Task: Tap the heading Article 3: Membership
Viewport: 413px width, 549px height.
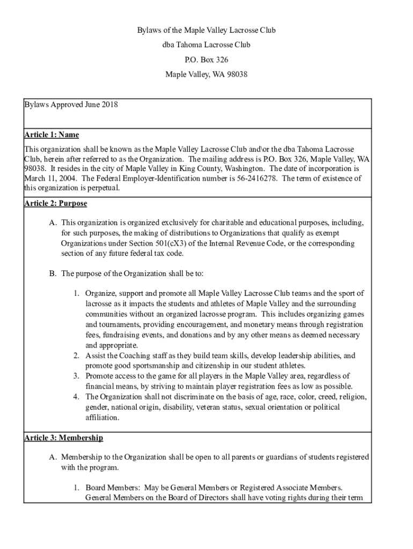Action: coord(64,438)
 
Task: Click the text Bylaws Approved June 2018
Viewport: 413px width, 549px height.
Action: coord(71,105)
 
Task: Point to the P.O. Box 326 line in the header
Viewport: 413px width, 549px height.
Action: coord(206,60)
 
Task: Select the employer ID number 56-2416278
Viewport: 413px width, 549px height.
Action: coord(257,179)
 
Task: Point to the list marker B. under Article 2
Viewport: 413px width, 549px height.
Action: coord(53,273)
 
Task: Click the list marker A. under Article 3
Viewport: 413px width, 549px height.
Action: coord(53,457)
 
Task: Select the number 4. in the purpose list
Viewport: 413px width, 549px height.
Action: coord(77,397)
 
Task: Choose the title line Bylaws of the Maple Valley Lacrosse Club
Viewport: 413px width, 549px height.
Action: coord(206,30)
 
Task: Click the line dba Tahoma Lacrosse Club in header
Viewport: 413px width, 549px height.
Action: coord(206,45)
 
